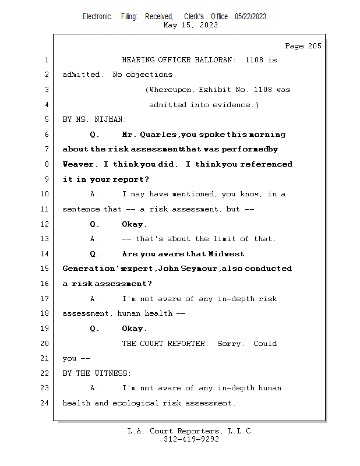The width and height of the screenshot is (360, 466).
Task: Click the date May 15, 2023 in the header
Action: click(x=191, y=25)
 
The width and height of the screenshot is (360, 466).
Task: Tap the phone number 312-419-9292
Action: click(x=191, y=439)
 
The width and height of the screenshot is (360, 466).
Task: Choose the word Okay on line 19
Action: click(x=134, y=329)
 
